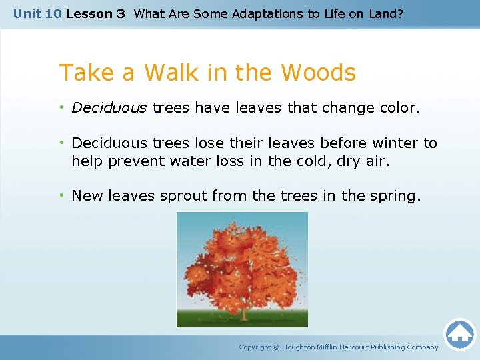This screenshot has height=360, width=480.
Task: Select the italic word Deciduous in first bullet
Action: click(109, 108)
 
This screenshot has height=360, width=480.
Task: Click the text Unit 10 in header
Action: click(37, 13)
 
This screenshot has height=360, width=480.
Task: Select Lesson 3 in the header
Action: click(95, 13)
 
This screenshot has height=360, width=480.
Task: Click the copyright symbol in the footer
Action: click(277, 347)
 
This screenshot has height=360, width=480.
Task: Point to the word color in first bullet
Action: click(399, 108)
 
